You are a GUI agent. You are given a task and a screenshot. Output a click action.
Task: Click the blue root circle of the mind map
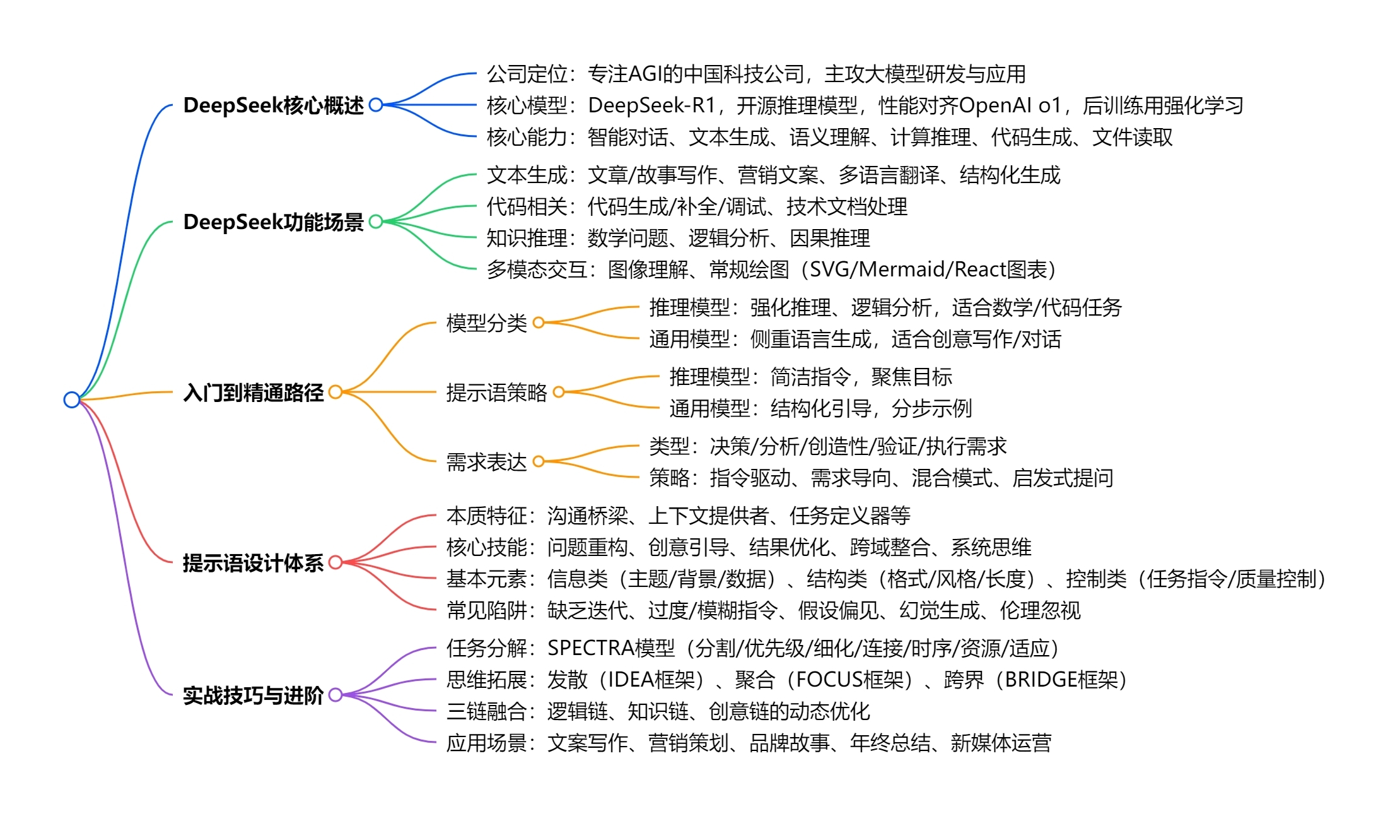72,399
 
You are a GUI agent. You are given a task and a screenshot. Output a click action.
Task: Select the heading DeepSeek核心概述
273,105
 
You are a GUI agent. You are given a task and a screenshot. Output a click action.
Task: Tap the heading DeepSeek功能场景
273,222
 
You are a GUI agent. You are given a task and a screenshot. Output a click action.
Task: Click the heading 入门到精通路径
253,393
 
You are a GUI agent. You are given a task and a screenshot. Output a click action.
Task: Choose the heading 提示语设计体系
253,562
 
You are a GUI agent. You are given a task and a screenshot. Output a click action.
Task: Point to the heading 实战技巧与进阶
253,695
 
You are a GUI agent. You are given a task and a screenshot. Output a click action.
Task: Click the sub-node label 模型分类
486,323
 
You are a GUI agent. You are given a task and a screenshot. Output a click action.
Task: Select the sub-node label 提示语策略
496,393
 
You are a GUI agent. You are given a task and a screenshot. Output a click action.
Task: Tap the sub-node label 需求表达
486,462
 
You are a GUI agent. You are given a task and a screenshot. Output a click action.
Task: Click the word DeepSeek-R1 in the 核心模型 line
651,105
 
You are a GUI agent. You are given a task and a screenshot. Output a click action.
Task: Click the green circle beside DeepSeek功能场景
376,222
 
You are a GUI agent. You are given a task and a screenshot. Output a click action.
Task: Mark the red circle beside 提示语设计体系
335,562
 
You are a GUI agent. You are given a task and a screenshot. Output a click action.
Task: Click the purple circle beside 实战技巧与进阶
335,694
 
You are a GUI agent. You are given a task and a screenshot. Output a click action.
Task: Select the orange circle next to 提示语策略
558,392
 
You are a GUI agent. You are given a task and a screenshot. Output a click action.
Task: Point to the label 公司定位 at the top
527,74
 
